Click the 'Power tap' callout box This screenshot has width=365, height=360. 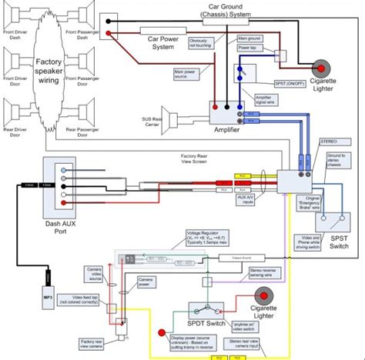(x=252, y=48)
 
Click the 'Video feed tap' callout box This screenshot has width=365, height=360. (x=95, y=296)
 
